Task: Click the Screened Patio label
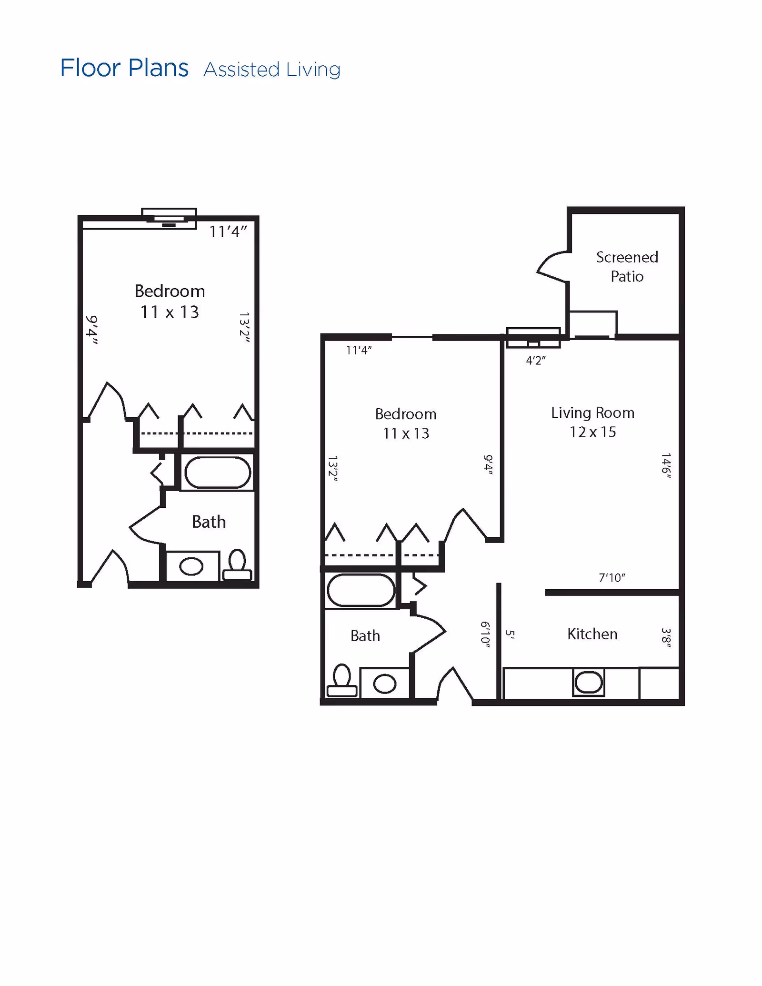point(627,267)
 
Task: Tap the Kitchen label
point(592,634)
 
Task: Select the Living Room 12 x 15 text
point(592,422)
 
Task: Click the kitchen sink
point(589,683)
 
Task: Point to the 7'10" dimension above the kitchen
point(612,578)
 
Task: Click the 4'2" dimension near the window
point(535,361)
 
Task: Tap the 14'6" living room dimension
point(666,466)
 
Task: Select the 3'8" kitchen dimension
point(666,638)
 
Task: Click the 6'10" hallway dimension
point(485,634)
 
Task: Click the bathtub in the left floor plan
point(218,473)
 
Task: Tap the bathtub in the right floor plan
point(361,590)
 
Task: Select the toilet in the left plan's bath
point(237,565)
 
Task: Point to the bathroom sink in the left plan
point(191,566)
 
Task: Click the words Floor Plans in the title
point(124,68)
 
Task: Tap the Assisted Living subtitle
point(272,70)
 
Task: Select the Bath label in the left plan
point(209,522)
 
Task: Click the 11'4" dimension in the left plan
point(228,232)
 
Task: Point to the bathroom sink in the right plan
point(384,684)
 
